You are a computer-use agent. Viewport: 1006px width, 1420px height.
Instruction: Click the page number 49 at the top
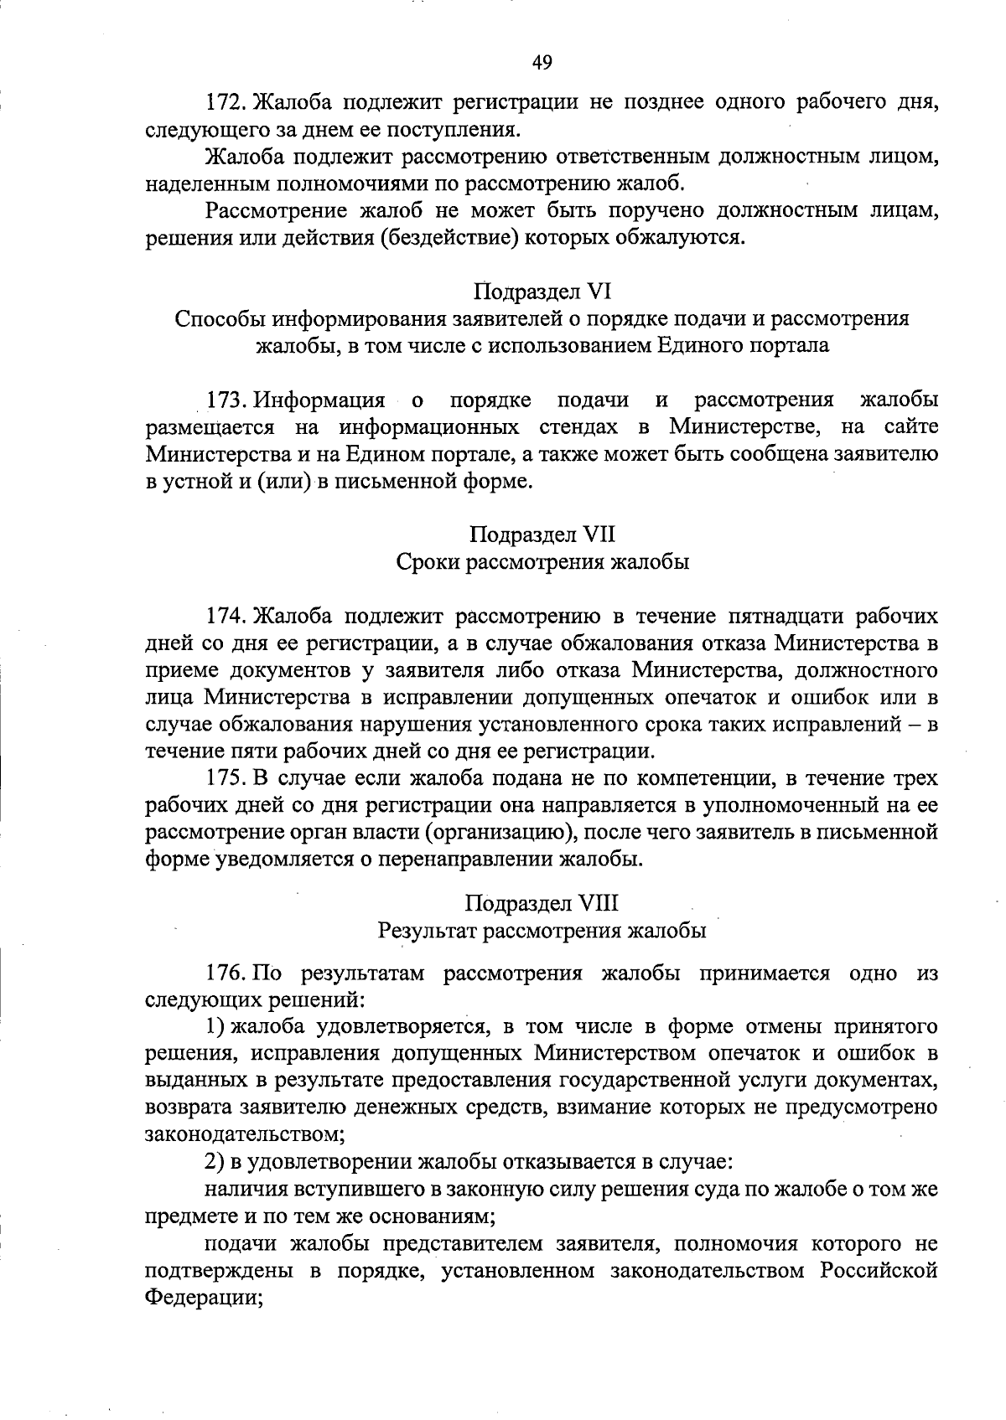click(x=542, y=62)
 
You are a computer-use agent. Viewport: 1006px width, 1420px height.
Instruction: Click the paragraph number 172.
click(x=224, y=103)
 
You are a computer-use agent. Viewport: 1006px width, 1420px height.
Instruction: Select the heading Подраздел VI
click(x=542, y=292)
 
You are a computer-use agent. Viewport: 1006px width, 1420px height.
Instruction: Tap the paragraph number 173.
click(x=224, y=400)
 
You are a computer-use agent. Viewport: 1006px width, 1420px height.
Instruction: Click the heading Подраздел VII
click(x=542, y=534)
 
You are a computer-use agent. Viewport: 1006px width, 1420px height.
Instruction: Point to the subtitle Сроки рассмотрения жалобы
click(x=542, y=562)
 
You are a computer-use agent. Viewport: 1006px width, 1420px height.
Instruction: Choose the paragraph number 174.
click(x=224, y=617)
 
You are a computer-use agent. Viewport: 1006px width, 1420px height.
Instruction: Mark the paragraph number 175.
click(x=224, y=778)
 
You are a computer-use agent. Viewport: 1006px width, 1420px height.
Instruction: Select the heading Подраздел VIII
click(x=542, y=903)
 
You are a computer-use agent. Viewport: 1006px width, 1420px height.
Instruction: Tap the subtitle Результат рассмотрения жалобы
click(x=542, y=931)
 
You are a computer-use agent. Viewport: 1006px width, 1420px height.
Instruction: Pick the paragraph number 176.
click(x=224, y=973)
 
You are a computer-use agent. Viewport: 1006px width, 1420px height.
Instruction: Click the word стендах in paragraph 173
click(x=588, y=427)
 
